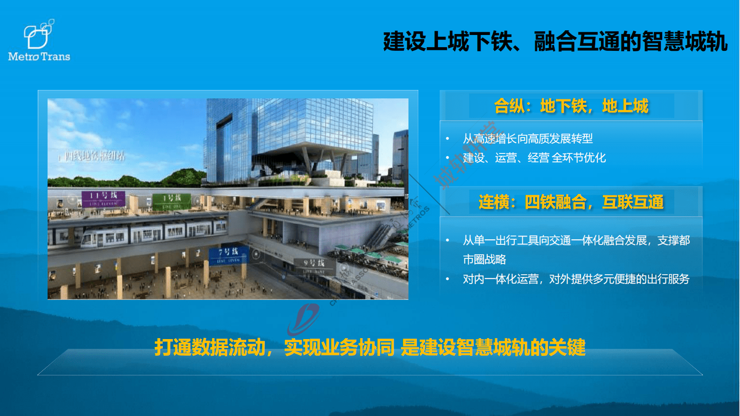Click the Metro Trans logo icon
point(38,35)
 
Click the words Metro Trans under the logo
point(39,57)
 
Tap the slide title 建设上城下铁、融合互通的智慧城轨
point(555,42)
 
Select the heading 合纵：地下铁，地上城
point(571,106)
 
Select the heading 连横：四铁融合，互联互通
point(571,202)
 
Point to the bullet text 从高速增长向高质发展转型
point(527,139)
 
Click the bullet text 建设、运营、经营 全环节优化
point(534,158)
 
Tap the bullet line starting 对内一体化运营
point(576,279)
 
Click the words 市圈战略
point(484,260)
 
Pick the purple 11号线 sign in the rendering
point(104,198)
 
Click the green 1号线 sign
point(171,201)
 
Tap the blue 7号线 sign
point(228,255)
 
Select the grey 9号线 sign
point(314,265)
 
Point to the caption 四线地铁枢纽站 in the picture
point(94,156)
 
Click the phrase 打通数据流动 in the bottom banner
point(210,347)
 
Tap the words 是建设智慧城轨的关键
point(493,347)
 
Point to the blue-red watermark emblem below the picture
point(304,319)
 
